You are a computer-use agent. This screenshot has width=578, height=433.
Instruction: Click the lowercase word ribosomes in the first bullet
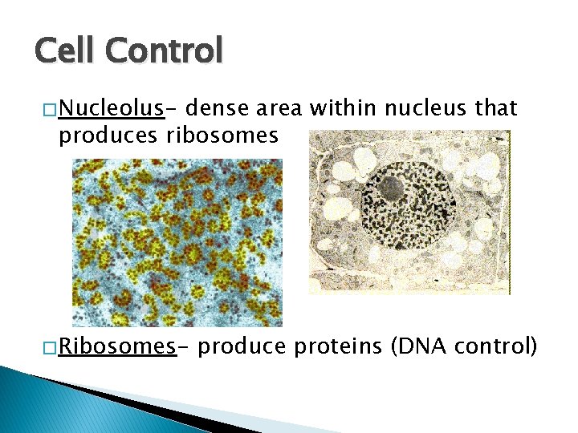pos(222,136)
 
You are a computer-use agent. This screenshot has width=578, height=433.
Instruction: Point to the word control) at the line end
pos(494,346)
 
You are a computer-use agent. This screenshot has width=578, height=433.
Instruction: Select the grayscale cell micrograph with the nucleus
pos(409,212)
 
